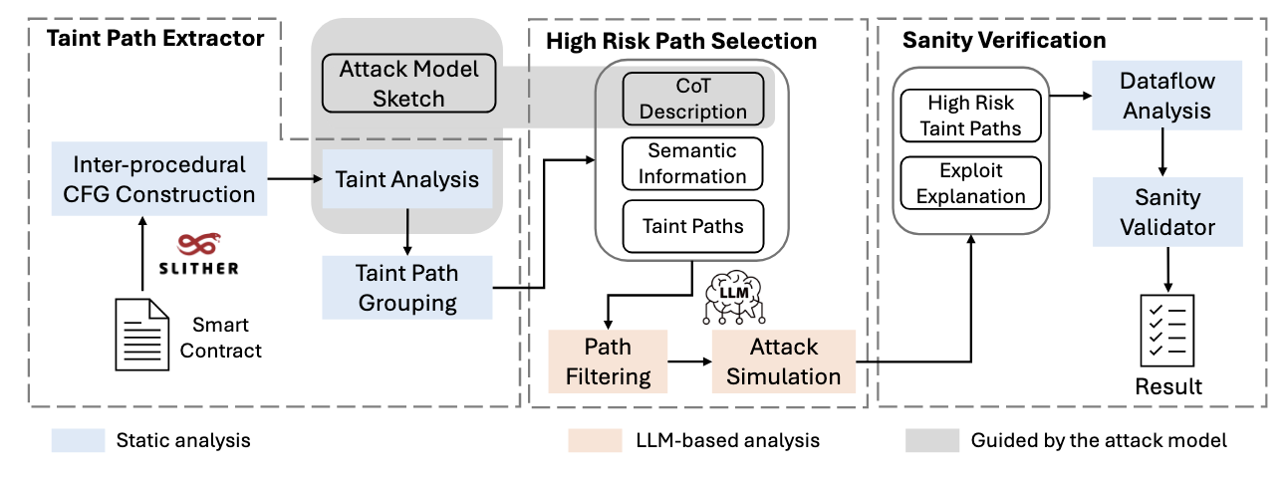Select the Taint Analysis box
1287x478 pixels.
pyautogui.click(x=407, y=179)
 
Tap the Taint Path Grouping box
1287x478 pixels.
pyautogui.click(x=407, y=287)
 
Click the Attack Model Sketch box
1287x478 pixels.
pyautogui.click(x=408, y=84)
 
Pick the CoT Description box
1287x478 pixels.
pyautogui.click(x=692, y=99)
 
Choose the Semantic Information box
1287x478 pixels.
pyautogui.click(x=692, y=163)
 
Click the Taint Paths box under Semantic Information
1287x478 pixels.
pyautogui.click(x=692, y=226)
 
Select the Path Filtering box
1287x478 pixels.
pyautogui.click(x=608, y=361)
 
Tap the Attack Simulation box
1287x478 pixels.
pyautogui.click(x=784, y=361)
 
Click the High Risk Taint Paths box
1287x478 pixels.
pyautogui.click(x=970, y=115)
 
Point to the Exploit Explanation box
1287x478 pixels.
pyautogui.click(x=970, y=182)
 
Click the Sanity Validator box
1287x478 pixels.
pyautogui.click(x=1167, y=212)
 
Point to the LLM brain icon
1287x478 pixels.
pyautogui.click(x=732, y=296)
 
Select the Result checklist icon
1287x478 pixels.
pyautogui.click(x=1167, y=332)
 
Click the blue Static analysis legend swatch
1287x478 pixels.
pyautogui.click(x=78, y=440)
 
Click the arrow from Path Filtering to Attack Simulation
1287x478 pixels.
pyautogui.click(x=688, y=361)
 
